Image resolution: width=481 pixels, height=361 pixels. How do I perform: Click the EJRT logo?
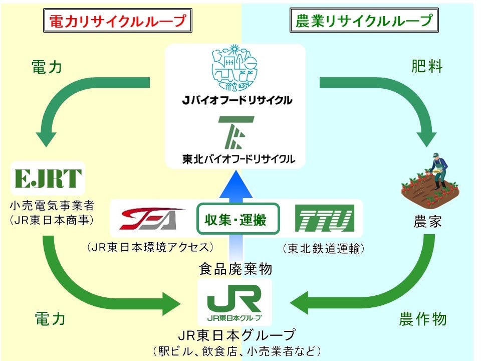point(48,178)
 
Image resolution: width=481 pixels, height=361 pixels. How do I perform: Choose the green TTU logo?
point(325,219)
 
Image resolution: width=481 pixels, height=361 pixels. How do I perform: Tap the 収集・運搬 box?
point(238,219)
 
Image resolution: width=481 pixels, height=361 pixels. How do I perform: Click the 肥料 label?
point(427,67)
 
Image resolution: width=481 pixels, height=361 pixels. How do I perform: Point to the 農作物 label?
point(422,319)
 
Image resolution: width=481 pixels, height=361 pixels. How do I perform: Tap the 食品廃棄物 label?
point(235,269)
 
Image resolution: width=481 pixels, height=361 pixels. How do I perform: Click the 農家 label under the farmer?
point(427,221)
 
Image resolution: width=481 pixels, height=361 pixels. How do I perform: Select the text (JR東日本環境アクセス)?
point(150,247)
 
